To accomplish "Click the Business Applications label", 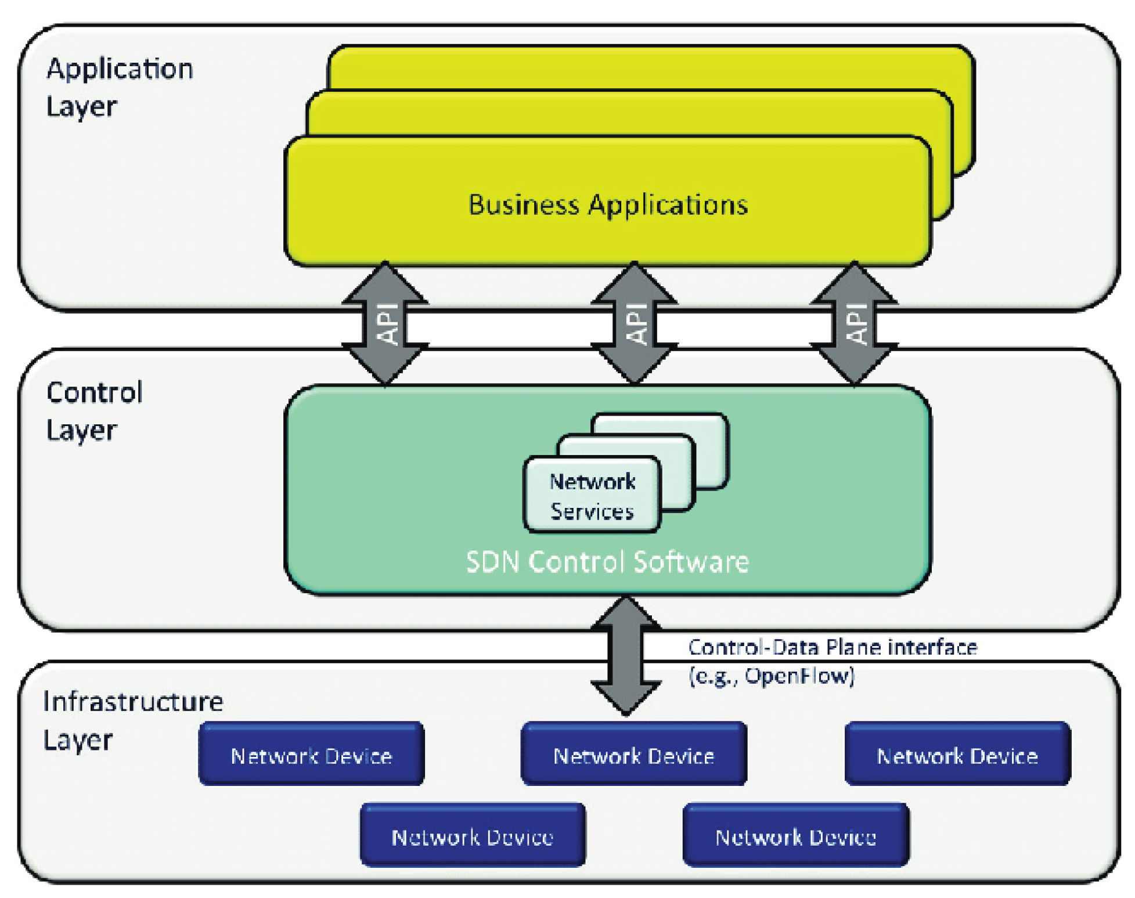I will click(608, 205).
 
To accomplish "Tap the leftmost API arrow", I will click(385, 323).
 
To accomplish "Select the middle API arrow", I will click(634, 323).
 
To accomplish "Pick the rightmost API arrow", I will click(854, 323).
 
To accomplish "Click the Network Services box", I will click(592, 496).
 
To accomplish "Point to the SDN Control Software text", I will click(607, 562).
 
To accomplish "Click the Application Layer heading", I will click(119, 87).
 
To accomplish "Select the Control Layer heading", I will click(94, 411).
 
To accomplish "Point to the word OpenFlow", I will click(799, 676).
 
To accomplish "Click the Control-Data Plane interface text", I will click(833, 647).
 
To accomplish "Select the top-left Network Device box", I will click(311, 755).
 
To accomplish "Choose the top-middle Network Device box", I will click(633, 755).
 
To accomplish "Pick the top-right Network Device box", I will click(957, 755).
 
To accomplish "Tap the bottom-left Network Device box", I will click(473, 836).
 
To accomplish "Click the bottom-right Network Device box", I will click(795, 836).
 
